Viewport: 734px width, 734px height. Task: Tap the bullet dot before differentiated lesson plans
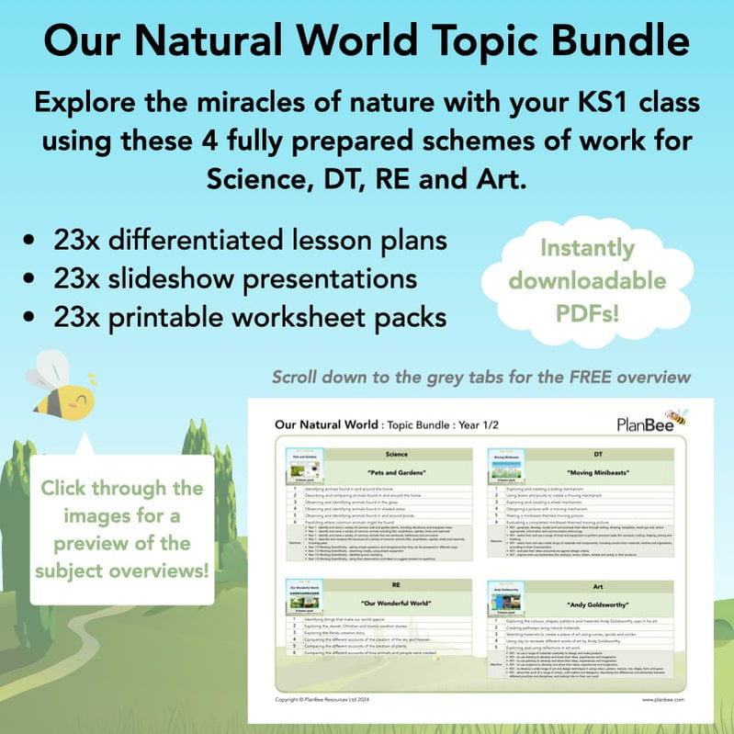32,241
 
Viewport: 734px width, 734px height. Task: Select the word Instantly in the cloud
587,248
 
